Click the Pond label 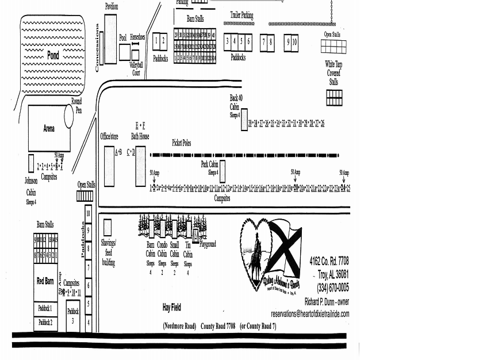(x=53, y=56)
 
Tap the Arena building (x=49, y=128)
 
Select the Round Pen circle (x=69, y=116)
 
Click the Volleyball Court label (x=136, y=69)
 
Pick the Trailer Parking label (x=241, y=15)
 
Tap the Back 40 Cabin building (x=244, y=120)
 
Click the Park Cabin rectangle (x=223, y=171)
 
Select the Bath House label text (x=140, y=137)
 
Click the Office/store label (x=109, y=136)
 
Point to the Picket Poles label (x=181, y=143)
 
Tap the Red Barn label (x=45, y=281)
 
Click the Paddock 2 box (x=45, y=323)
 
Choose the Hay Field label (x=171, y=308)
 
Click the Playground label (x=208, y=244)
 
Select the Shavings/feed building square (x=108, y=228)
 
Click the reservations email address (x=310, y=314)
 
